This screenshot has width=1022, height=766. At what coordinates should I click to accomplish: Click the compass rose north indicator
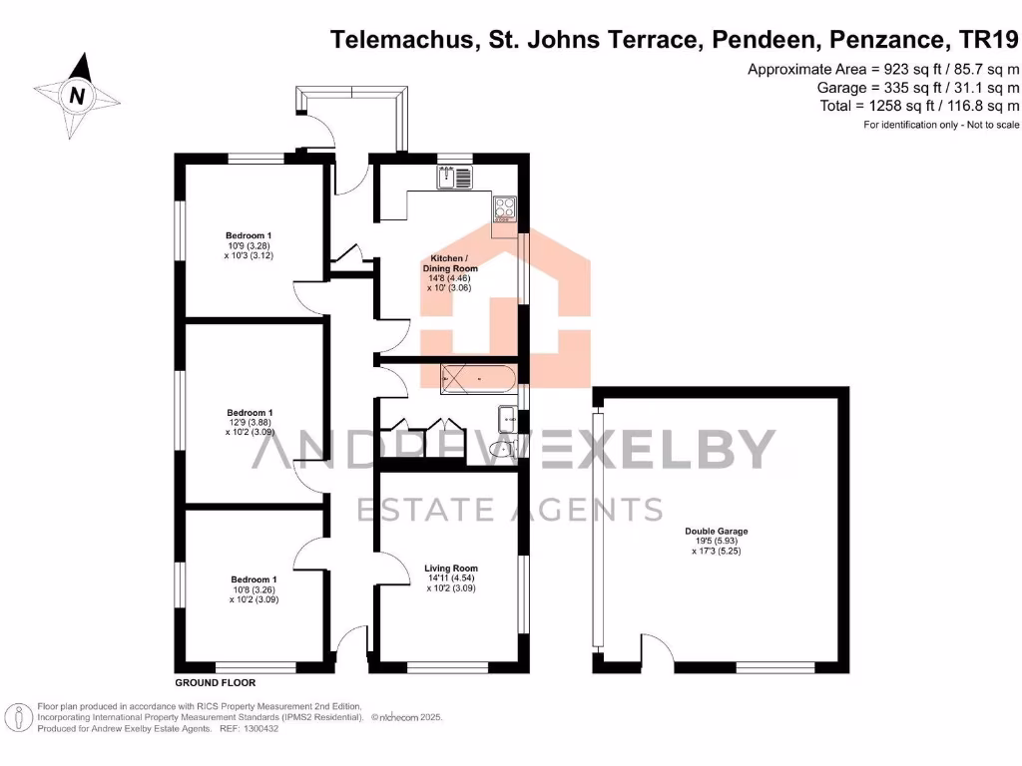(76, 96)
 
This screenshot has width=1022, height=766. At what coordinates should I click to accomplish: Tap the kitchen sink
(458, 178)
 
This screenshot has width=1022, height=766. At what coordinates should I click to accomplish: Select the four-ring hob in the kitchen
(504, 208)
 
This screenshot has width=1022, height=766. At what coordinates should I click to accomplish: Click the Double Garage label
(717, 532)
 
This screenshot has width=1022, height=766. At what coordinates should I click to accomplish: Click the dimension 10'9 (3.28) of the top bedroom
(250, 245)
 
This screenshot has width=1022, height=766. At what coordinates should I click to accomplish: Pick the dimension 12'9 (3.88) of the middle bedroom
(250, 423)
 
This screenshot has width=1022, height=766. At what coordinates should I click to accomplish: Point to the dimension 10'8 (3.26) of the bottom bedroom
(254, 590)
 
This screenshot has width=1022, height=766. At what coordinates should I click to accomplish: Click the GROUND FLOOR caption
(216, 683)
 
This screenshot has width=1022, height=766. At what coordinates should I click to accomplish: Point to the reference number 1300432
(256, 729)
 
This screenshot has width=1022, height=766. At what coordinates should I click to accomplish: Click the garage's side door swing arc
(656, 653)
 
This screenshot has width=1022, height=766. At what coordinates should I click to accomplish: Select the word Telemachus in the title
(402, 40)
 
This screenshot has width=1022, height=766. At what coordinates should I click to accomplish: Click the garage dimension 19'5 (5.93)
(717, 542)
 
